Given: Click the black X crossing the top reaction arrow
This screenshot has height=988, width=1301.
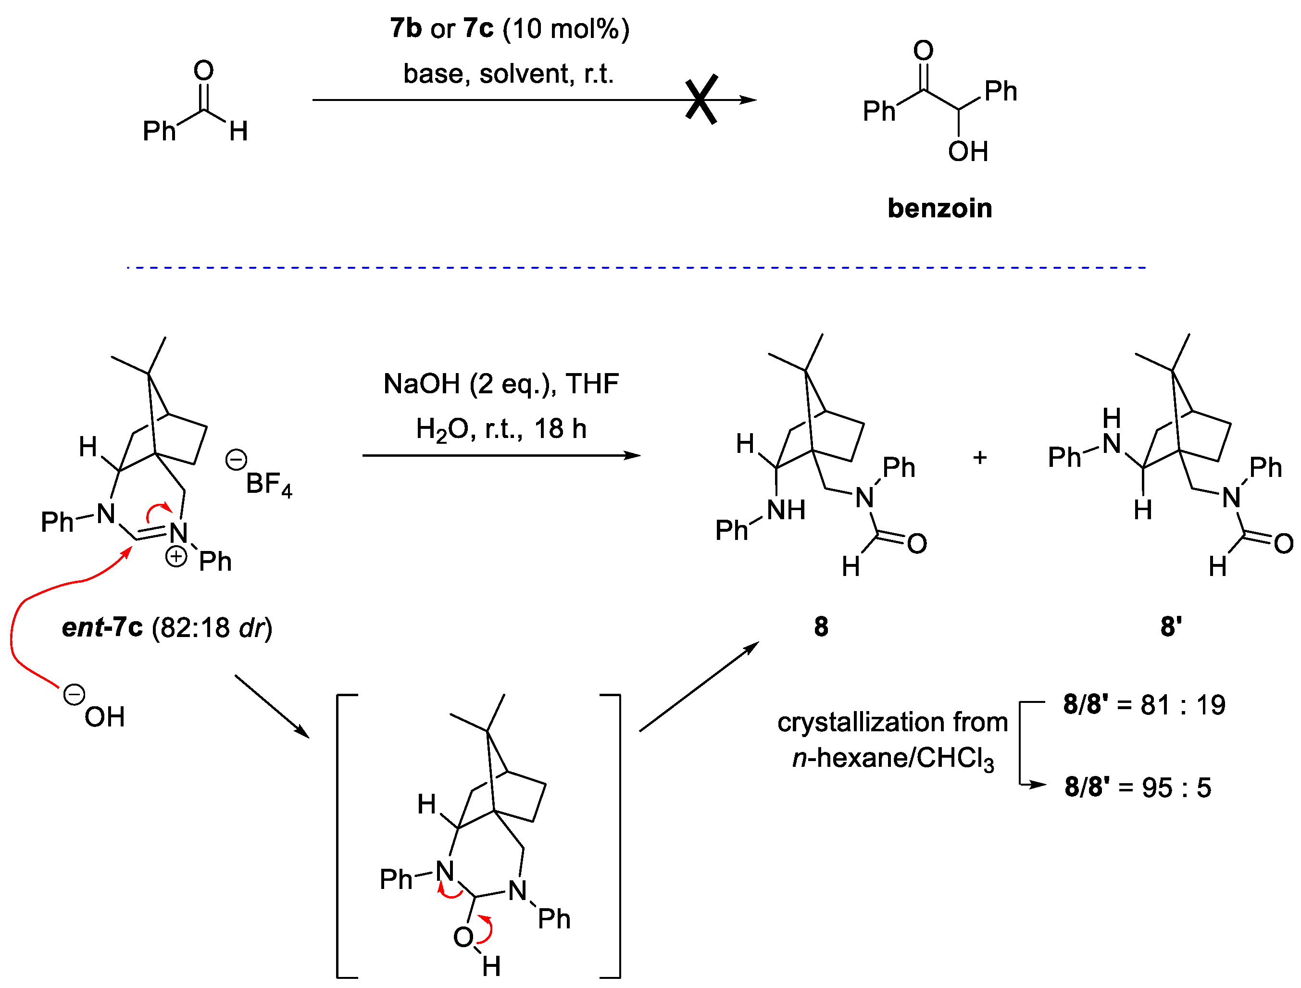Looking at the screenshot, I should tap(701, 100).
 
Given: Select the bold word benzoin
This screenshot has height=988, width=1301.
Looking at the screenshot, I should tap(939, 209).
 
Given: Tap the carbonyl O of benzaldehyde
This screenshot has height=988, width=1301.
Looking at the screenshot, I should tap(203, 71).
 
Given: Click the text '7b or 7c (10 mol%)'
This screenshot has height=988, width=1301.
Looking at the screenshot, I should tap(509, 29).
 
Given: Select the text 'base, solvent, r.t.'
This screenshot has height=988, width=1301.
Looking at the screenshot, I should tap(508, 74).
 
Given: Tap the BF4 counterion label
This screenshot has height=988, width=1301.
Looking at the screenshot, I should tap(268, 485).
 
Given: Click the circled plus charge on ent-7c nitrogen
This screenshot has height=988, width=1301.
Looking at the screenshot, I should tap(176, 556).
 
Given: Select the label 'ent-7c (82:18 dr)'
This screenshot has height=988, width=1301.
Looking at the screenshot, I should tap(167, 628).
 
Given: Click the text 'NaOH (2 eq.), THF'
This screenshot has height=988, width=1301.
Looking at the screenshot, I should tap(501, 384).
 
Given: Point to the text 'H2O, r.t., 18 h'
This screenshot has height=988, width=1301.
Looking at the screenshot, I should tap(501, 429).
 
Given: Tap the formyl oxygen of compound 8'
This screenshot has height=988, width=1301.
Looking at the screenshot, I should tap(1283, 544).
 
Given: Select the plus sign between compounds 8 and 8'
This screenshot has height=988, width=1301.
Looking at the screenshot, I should tap(979, 458).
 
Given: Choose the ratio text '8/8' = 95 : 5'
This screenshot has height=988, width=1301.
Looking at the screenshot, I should tap(1138, 788).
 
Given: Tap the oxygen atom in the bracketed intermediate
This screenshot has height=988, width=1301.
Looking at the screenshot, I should tap(463, 938).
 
